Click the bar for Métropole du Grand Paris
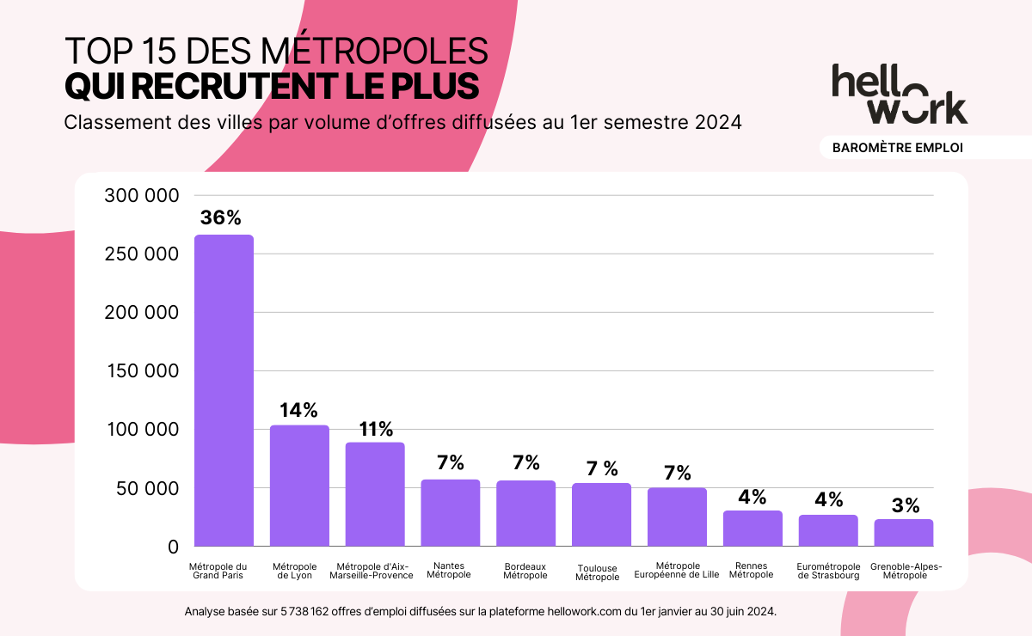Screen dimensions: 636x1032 click(224, 391)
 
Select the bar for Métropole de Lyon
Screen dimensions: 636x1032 click(299, 486)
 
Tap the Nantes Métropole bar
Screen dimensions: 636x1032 click(450, 513)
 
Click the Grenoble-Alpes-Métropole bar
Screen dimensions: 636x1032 click(904, 533)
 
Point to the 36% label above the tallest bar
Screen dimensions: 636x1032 click(221, 218)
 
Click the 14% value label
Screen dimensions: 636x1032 click(298, 410)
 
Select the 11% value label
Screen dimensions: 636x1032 click(376, 429)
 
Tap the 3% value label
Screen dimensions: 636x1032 click(906, 505)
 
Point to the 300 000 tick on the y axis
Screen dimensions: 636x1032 click(141, 196)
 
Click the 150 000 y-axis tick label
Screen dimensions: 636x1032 click(141, 371)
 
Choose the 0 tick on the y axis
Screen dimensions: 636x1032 click(173, 547)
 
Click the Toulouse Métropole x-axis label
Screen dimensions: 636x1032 click(597, 572)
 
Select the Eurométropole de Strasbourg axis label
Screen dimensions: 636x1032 click(828, 571)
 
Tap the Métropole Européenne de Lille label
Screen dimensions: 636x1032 click(676, 571)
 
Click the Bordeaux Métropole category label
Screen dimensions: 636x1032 click(525, 571)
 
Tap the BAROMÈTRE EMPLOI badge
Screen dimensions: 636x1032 click(897, 148)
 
